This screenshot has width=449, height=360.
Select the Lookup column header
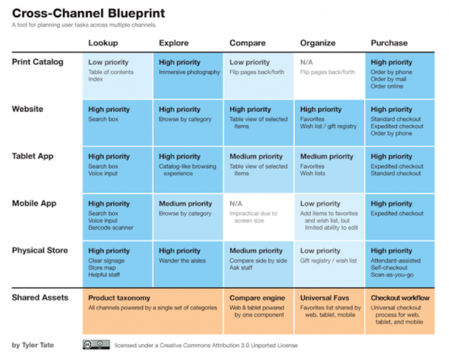(103, 43)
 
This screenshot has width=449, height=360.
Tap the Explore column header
(173, 43)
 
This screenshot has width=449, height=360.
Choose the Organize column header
(318, 43)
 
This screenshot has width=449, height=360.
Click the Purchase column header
(389, 43)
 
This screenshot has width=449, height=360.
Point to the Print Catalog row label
(37, 62)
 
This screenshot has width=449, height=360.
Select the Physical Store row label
(39, 250)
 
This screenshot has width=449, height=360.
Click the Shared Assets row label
(39, 297)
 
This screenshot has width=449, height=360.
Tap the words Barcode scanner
(111, 227)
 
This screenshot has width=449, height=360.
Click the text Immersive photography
(189, 73)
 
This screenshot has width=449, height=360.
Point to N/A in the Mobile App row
(237, 204)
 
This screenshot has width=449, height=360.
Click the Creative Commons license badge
(96, 344)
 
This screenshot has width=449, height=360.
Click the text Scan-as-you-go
(393, 274)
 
